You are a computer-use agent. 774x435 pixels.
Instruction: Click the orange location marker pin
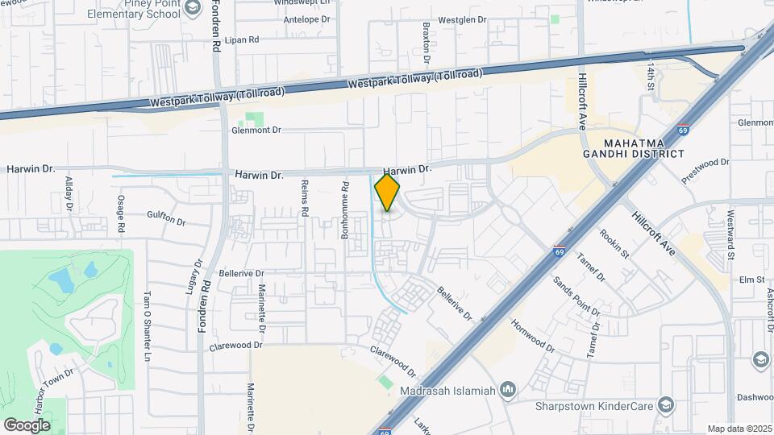[x=387, y=193]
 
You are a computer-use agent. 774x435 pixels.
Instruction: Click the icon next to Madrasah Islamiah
[x=507, y=391]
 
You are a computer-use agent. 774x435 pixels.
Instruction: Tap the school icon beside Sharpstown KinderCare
[x=665, y=405]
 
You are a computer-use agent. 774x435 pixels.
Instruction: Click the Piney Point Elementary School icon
[x=192, y=8]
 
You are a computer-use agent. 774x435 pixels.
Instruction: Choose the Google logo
[x=27, y=425]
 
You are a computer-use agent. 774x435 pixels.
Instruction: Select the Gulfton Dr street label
[x=166, y=217]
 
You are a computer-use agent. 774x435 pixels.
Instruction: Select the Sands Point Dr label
[x=576, y=296]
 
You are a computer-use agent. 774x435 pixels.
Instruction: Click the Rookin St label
[x=614, y=244]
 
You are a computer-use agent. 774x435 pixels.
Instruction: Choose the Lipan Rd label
[x=242, y=39]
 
